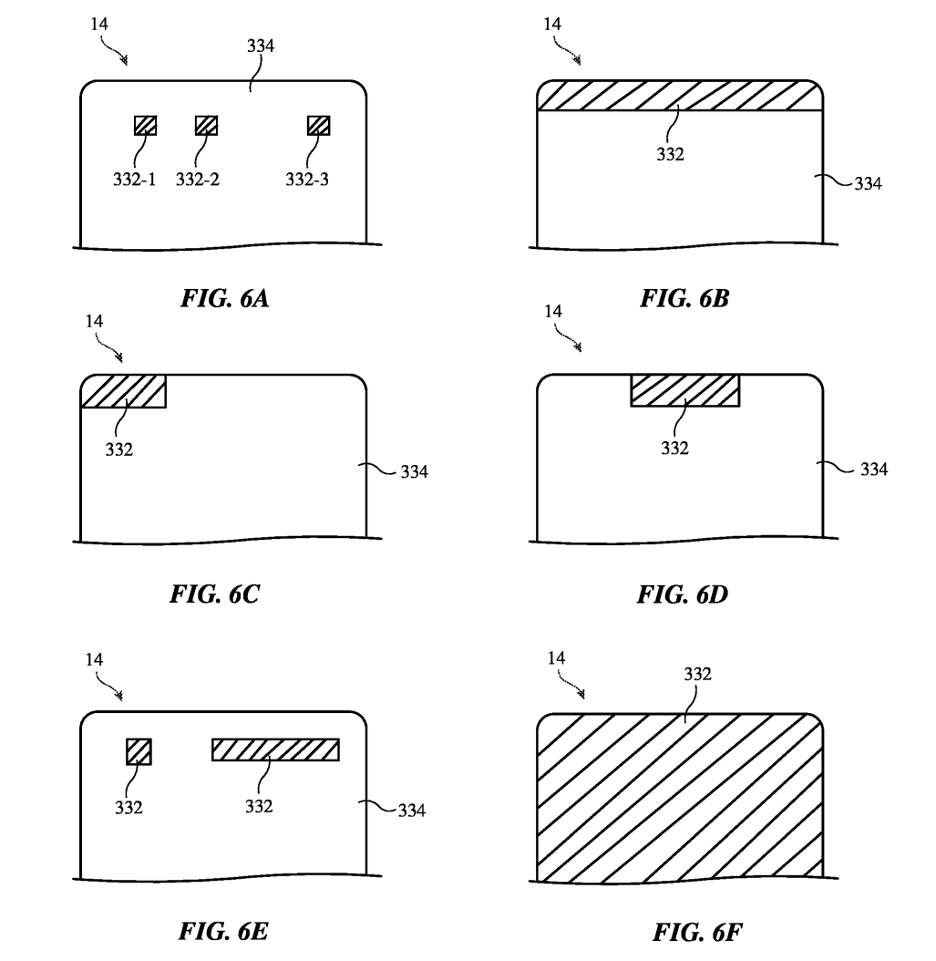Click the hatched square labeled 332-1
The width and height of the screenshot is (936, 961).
pyautogui.click(x=145, y=126)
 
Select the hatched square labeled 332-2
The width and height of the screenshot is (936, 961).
pyautogui.click(x=207, y=126)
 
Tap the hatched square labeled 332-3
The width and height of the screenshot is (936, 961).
pyautogui.click(x=318, y=126)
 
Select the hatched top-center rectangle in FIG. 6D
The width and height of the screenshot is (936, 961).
pyautogui.click(x=684, y=390)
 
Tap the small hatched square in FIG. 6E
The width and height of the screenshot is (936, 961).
pyautogui.click(x=139, y=751)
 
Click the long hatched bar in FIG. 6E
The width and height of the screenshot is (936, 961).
pyautogui.click(x=275, y=749)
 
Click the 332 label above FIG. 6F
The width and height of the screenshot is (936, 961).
pyautogui.click(x=696, y=674)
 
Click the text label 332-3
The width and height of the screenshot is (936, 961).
pyautogui.click(x=307, y=180)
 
